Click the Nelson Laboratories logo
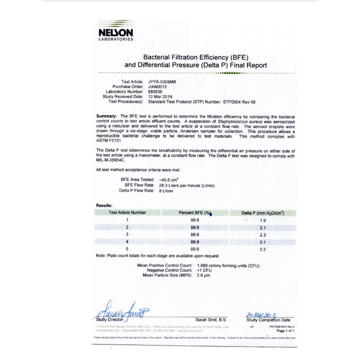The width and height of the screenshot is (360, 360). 116,35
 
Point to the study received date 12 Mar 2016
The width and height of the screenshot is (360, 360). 161,97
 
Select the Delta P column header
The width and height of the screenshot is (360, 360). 263,213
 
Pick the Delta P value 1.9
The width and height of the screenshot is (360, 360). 263,221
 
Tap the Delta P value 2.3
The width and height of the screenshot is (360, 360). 263,235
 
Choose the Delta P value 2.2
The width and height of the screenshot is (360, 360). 263,249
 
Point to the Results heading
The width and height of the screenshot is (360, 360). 105,206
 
